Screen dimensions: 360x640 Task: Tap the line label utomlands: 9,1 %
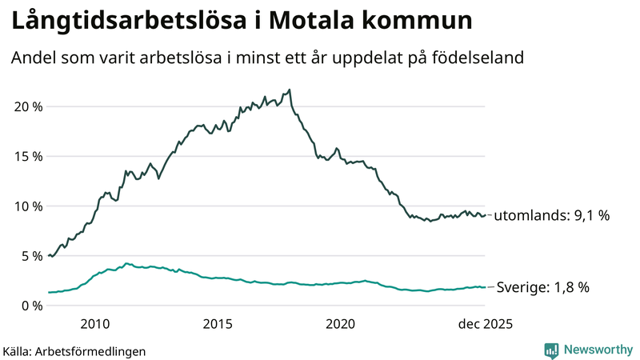click(x=552, y=215)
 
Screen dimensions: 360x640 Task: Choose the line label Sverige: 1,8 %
click(x=543, y=287)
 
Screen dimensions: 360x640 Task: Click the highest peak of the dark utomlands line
click(x=290, y=90)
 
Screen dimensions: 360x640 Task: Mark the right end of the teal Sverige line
click(x=485, y=287)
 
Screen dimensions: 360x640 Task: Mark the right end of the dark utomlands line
click(x=485, y=214)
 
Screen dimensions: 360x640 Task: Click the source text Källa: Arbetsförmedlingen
click(x=74, y=350)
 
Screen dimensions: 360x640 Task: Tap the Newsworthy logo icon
click(x=551, y=350)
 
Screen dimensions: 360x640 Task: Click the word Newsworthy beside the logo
click(x=597, y=350)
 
